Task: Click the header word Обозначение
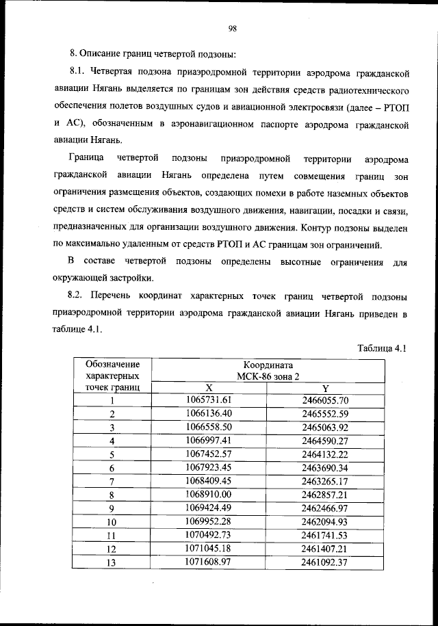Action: click(x=112, y=364)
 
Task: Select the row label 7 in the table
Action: click(x=112, y=481)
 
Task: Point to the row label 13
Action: click(x=112, y=562)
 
